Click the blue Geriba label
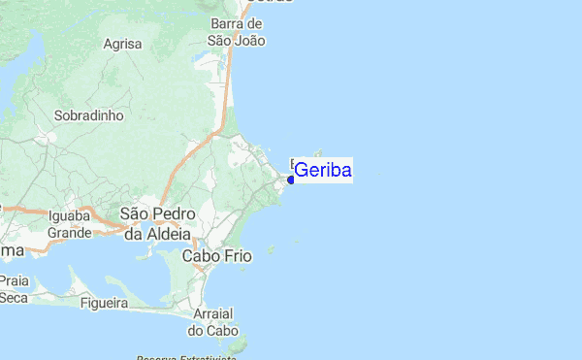click(x=322, y=171)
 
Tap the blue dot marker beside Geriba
click(x=291, y=180)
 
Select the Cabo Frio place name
click(x=217, y=256)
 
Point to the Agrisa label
click(x=123, y=44)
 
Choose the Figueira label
click(x=105, y=304)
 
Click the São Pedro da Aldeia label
click(x=158, y=223)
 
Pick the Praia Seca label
click(x=14, y=289)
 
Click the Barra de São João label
click(x=237, y=32)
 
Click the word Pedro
click(x=178, y=213)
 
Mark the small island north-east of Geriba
click(x=317, y=151)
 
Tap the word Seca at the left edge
click(x=14, y=298)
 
